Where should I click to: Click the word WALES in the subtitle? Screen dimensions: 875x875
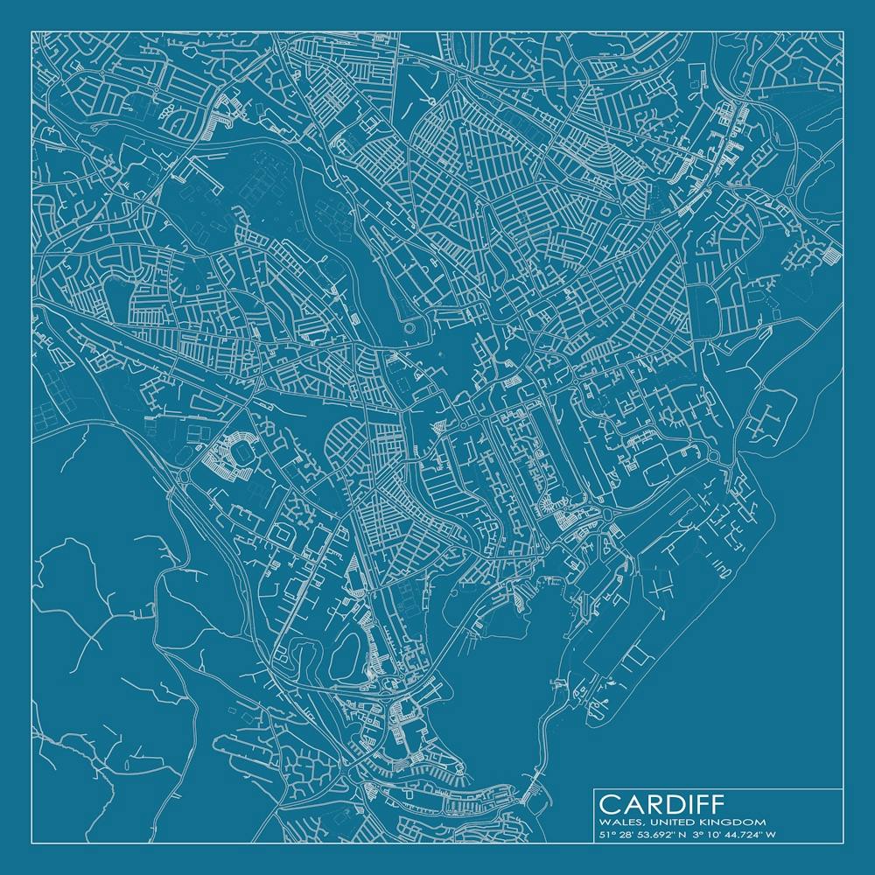(x=615, y=822)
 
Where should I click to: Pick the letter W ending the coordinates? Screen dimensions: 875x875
(x=771, y=835)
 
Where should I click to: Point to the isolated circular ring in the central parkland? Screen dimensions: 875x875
(x=411, y=328)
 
